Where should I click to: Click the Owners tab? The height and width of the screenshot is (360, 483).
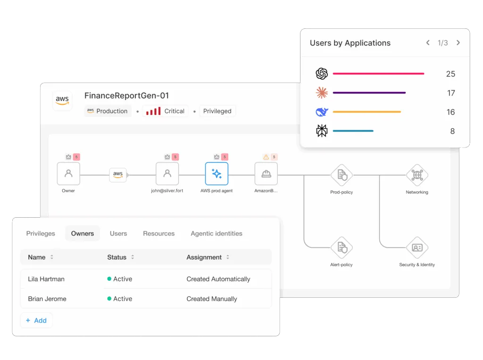[83, 233]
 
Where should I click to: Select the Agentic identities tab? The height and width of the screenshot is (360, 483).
[216, 233]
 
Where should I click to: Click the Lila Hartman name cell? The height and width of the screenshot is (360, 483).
[46, 279]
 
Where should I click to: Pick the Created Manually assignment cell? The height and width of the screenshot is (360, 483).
[212, 299]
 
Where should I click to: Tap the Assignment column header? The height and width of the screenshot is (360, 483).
[204, 257]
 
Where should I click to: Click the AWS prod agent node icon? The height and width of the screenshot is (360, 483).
[217, 174]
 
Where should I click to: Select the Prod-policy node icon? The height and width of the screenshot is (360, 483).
[341, 175]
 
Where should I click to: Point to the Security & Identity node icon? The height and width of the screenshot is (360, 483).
[417, 247]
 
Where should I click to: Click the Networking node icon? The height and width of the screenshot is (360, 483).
[417, 175]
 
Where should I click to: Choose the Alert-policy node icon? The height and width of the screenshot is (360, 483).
[341, 247]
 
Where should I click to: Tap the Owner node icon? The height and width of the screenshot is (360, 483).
[68, 174]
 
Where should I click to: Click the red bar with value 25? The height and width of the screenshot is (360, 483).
[378, 74]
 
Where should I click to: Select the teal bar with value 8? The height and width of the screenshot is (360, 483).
[353, 131]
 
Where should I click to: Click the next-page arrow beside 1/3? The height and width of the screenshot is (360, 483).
[458, 43]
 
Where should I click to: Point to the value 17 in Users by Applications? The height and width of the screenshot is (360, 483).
[450, 93]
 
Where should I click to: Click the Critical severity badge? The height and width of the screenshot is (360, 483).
[166, 111]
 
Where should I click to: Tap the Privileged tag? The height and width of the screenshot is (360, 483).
[217, 111]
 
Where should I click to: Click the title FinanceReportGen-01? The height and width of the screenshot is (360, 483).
[126, 96]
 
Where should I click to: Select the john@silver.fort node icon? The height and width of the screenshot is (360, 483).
[167, 174]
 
